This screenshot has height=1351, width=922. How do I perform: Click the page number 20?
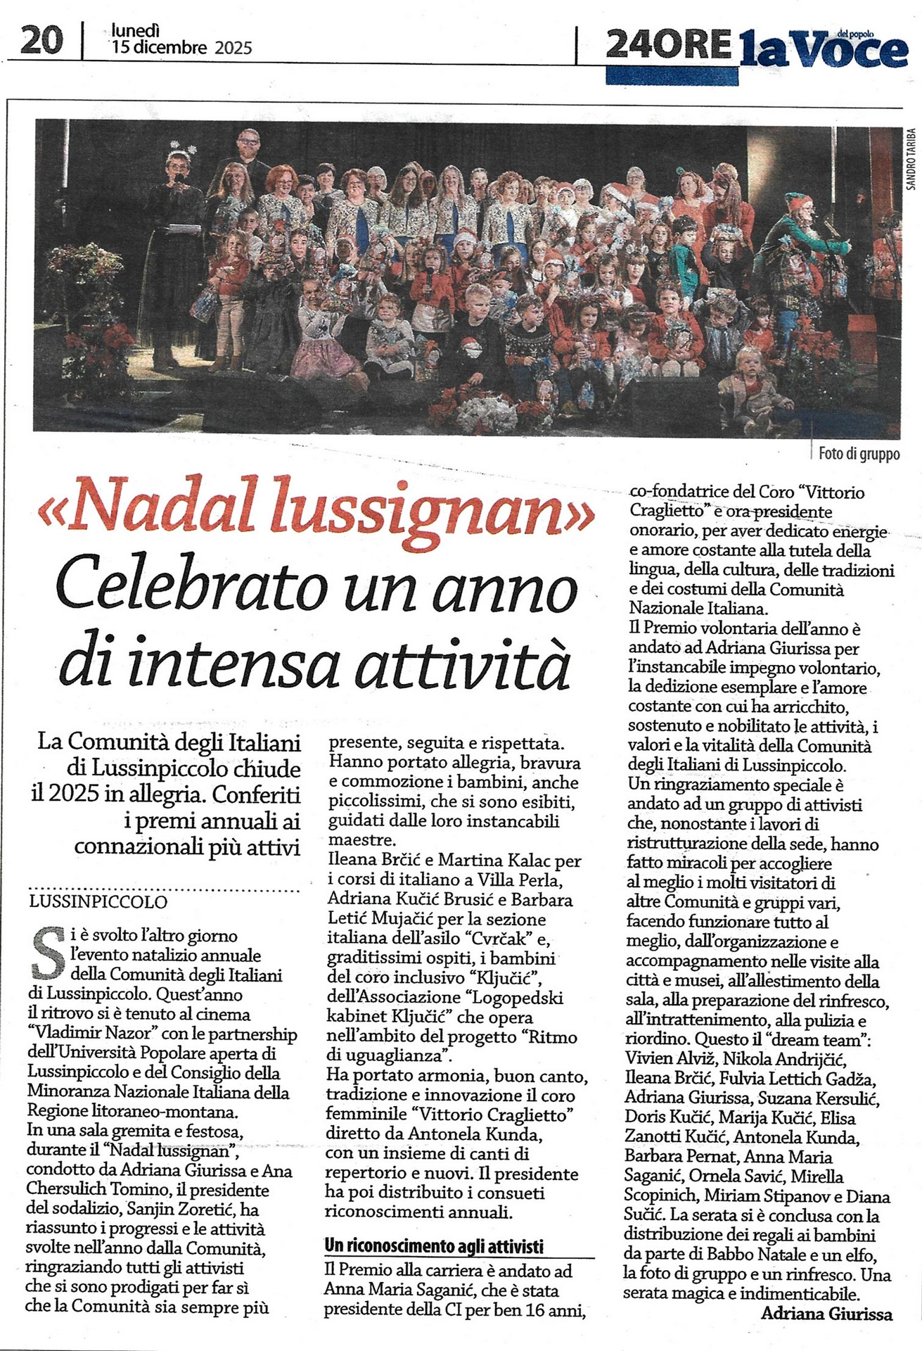pyautogui.click(x=41, y=39)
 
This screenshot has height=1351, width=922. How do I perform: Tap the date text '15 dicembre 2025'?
pyautogui.click(x=181, y=48)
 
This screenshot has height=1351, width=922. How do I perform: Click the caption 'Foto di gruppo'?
pyautogui.click(x=859, y=454)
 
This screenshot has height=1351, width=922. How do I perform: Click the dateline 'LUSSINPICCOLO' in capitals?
pyautogui.click(x=98, y=902)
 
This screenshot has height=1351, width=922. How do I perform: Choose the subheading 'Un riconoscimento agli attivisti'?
pyautogui.click(x=434, y=1246)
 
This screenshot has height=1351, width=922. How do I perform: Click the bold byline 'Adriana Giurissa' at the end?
pyautogui.click(x=826, y=1314)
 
